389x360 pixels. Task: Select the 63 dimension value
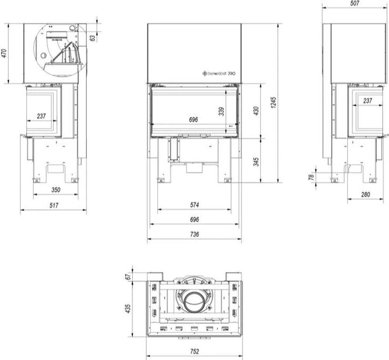93,38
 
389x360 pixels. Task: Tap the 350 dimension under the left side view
55,190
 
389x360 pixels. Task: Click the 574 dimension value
194,204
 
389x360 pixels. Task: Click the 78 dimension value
311,177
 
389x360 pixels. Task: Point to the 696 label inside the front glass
194,120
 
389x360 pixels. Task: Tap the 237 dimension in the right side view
367,101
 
